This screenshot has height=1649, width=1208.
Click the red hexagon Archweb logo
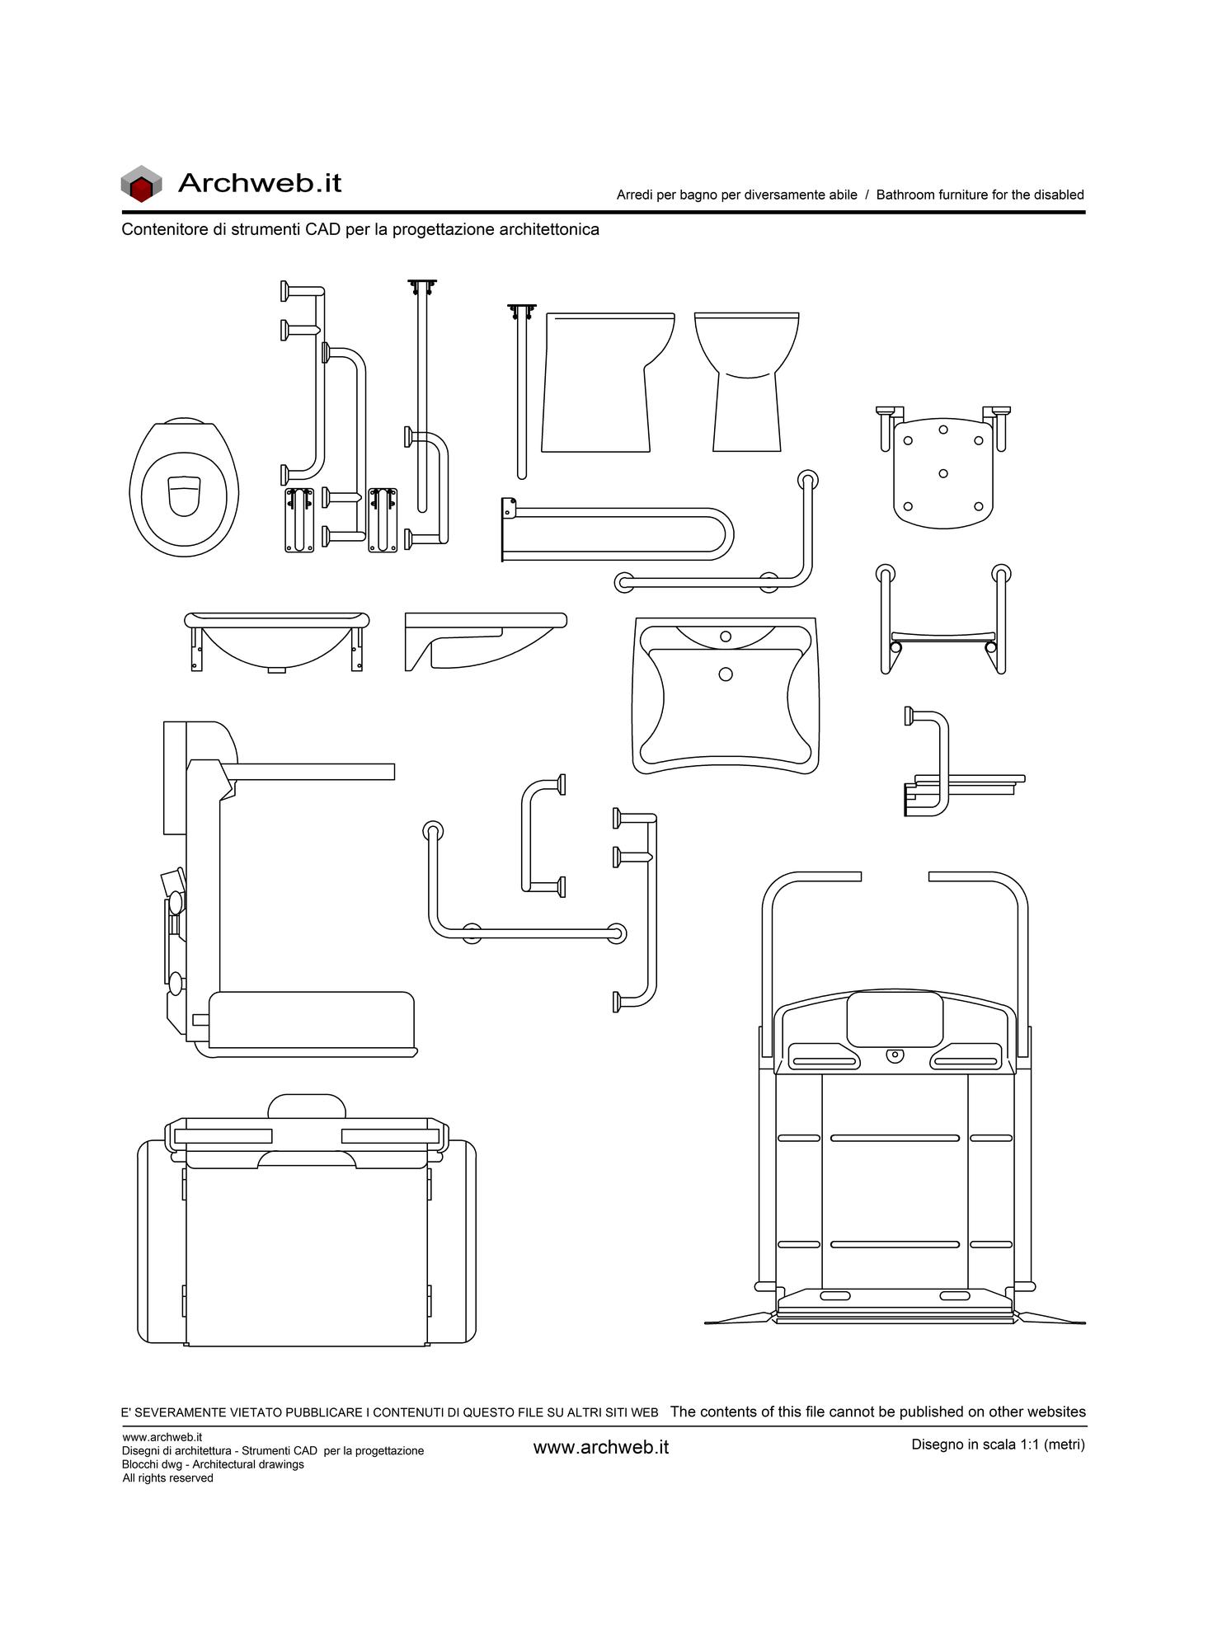pyautogui.click(x=141, y=184)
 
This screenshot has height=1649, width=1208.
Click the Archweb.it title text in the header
pyautogui.click(x=260, y=182)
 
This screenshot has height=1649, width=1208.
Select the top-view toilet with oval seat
pyautogui.click(x=184, y=486)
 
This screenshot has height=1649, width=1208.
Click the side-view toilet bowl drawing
pyautogui.click(x=609, y=382)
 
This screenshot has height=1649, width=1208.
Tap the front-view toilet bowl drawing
pyautogui.click(x=747, y=382)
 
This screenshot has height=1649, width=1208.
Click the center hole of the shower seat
pyautogui.click(x=943, y=473)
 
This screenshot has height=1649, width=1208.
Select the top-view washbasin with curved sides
pyautogui.click(x=726, y=696)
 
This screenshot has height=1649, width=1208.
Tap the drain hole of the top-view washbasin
pyautogui.click(x=726, y=674)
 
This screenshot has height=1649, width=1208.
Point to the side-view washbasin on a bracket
pyautogui.click(x=486, y=641)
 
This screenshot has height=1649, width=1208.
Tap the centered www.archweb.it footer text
pyautogui.click(x=601, y=1447)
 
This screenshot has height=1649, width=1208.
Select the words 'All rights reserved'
pyautogui.click(x=167, y=1478)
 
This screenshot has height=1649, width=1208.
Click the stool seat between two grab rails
pyautogui.click(x=943, y=637)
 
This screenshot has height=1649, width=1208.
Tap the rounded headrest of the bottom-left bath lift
pyautogui.click(x=307, y=1106)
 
